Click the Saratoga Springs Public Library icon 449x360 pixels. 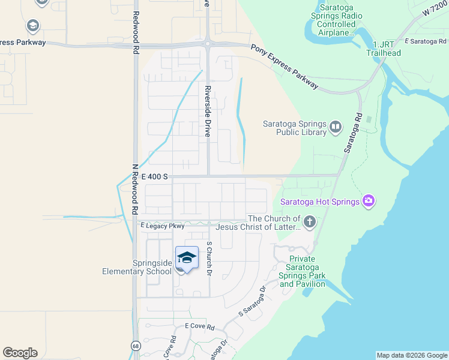point(335,127)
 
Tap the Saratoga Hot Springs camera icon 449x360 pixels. point(369,201)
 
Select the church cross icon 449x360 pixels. point(309,223)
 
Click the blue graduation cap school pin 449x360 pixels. point(187,258)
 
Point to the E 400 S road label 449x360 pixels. point(154,176)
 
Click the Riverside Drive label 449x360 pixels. point(207,111)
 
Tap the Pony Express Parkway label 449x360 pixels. point(285,66)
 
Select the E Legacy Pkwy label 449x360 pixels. point(162,226)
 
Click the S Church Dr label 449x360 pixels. point(209,259)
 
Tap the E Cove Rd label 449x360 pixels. point(199,326)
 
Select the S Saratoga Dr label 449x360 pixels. point(252,301)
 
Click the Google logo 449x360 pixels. point(20,353)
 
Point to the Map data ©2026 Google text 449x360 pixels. point(412,355)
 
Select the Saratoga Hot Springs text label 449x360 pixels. point(319,201)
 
